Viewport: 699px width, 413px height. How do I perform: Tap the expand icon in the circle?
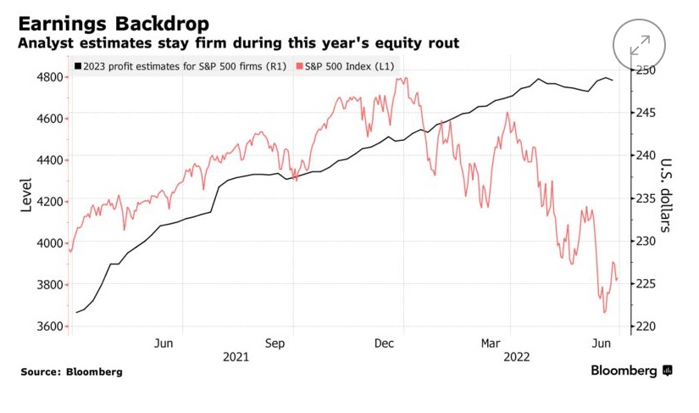click(x=640, y=46)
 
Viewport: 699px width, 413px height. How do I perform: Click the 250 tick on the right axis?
click(x=646, y=70)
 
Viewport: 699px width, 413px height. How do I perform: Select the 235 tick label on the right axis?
click(x=646, y=198)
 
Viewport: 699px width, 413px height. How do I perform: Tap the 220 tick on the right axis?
click(x=646, y=326)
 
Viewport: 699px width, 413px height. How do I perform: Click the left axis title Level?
click(x=26, y=195)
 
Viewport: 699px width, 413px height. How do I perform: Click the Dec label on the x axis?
click(x=386, y=343)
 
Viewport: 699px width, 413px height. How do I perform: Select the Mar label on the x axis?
click(x=491, y=343)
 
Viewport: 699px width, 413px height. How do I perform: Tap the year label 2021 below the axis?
click(x=236, y=357)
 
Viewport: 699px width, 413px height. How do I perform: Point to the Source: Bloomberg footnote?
click(x=72, y=372)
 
